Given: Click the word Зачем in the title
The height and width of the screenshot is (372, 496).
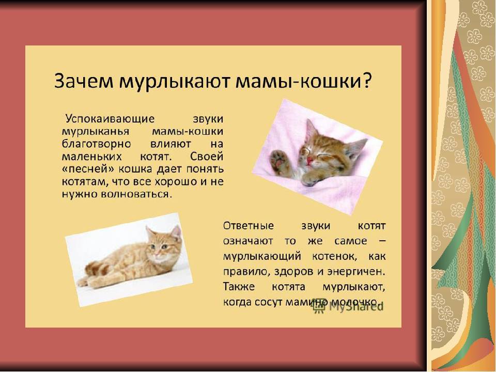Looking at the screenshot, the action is (x=84, y=81).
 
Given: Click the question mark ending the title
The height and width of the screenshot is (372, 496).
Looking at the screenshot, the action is (x=366, y=81).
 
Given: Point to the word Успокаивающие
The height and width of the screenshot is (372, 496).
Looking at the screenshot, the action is (x=110, y=119).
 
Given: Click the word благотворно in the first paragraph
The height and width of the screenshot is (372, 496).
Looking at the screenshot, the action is (x=96, y=144).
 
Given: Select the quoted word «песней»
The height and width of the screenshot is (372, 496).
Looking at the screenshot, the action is (x=88, y=169).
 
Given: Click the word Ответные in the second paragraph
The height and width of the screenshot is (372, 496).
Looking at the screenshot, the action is (x=249, y=226).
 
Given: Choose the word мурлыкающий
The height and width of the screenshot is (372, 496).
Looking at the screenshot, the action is (x=262, y=256).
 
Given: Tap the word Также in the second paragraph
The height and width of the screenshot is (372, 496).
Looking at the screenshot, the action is (x=239, y=287).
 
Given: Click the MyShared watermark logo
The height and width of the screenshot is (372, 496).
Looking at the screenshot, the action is (x=347, y=305).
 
